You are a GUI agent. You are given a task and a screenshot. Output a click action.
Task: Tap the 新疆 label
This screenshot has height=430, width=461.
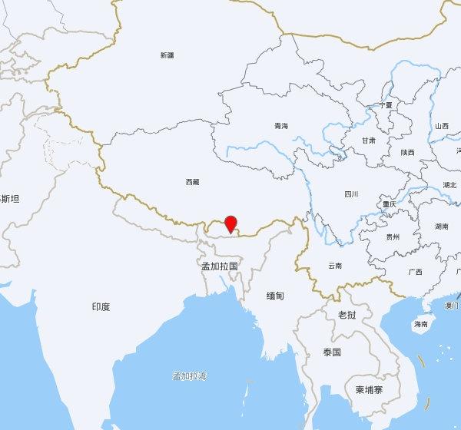point(167,55)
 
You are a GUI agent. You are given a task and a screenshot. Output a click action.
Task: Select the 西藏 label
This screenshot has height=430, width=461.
point(192,182)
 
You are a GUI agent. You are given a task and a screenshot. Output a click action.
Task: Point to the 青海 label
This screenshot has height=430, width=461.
point(280,126)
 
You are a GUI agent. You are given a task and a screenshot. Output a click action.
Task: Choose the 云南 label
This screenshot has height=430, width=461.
point(334,266)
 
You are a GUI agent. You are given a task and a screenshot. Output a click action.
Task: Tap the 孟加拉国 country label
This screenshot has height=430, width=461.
point(220,266)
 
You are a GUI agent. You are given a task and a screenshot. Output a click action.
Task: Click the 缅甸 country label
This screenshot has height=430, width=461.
point(275,296)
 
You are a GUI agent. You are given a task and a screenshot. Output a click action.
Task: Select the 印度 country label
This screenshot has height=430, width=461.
point(101,306)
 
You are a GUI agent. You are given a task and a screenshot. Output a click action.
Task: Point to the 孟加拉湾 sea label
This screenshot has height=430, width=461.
point(189,375)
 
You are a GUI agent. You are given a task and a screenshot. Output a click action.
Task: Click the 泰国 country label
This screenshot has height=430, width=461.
point(332,352)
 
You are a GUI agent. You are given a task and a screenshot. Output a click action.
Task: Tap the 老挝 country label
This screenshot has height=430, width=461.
point(347,315)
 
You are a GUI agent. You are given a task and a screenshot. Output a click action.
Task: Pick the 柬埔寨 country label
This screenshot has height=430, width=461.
point(369,389)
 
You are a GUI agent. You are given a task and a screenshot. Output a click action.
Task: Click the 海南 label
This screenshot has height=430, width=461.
point(421,324)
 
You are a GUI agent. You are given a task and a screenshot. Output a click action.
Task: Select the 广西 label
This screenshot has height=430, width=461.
point(415,272)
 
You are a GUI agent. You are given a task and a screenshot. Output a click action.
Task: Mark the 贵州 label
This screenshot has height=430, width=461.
point(393,237)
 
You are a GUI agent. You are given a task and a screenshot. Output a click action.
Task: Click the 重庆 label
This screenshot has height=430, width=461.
point(390,204)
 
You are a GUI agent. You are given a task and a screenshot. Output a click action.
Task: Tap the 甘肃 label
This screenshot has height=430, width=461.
point(369,141)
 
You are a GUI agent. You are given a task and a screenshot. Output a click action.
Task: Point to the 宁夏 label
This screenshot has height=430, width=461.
point(386,105)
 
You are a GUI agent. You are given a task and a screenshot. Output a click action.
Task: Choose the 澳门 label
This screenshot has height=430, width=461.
point(452,305)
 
